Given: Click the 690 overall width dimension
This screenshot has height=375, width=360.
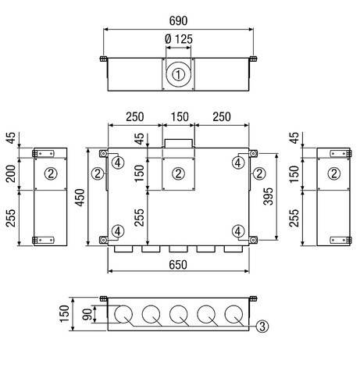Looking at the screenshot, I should tap(179, 16).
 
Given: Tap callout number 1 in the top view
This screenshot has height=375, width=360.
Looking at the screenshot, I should tap(179, 76).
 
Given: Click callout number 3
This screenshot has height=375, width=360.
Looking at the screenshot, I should tap(263, 327).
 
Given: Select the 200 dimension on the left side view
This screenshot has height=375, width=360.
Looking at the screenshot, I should tap(12, 173).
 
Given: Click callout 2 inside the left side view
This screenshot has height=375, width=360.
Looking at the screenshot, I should tap(50, 173).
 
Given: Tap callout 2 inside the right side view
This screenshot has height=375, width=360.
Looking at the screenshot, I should tap(334, 173).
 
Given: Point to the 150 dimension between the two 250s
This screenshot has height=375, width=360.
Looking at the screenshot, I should tap(179, 117).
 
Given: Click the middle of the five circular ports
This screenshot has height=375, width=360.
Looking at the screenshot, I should tap(179, 316).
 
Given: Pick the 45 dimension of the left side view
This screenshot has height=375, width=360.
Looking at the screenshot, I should tap(12, 138).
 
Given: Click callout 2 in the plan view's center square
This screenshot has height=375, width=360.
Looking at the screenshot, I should tap(178, 173).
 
